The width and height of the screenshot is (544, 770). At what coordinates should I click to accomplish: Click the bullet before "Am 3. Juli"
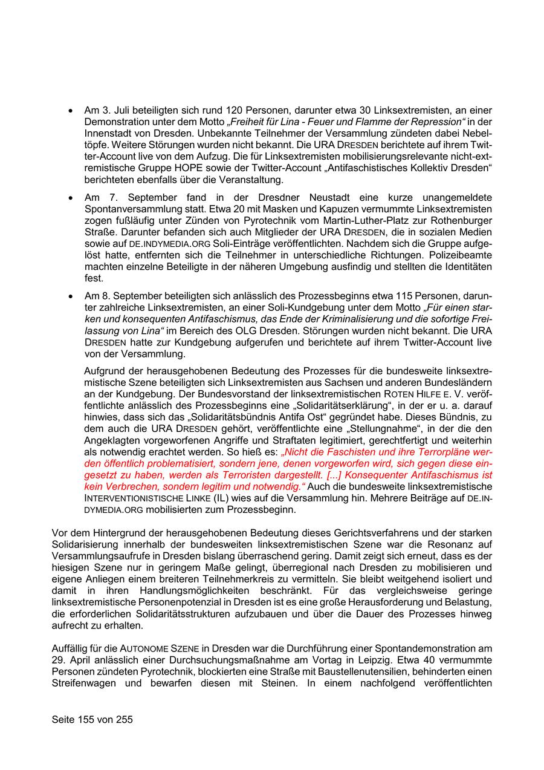pyautogui.click(x=71, y=111)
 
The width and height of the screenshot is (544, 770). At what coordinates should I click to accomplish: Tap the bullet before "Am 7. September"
pyautogui.click(x=71, y=198)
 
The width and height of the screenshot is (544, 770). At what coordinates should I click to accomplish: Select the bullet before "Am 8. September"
pyautogui.click(x=71, y=296)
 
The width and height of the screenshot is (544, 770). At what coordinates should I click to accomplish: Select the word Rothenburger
pyautogui.click(x=463, y=221)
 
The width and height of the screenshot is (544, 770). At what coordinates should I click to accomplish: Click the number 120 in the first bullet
pyautogui.click(x=235, y=111)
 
